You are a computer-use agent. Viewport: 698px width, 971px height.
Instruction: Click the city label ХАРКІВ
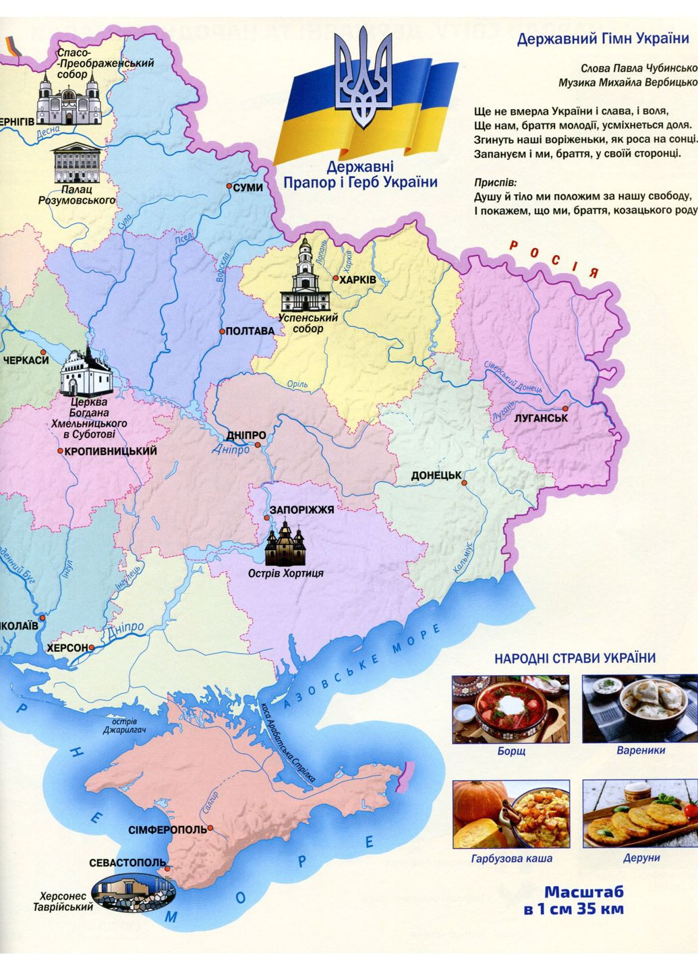(358, 279)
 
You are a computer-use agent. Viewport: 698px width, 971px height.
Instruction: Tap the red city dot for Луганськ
(566, 408)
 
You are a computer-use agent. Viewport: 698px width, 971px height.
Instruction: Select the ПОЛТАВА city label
(250, 331)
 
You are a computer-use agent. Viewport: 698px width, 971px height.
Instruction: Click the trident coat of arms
(363, 77)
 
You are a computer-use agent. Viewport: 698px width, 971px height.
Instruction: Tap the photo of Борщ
(511, 709)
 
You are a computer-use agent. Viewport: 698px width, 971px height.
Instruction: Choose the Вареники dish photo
(639, 709)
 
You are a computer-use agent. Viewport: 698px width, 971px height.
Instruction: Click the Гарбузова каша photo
(511, 814)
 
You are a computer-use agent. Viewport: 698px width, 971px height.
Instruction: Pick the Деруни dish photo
(639, 814)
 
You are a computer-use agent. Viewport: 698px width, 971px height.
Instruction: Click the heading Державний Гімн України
(603, 38)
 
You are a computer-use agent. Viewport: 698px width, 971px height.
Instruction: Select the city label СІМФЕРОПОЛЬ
(168, 829)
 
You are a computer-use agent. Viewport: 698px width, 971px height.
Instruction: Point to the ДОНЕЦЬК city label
(436, 475)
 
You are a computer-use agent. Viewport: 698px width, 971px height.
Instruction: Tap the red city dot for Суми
(229, 185)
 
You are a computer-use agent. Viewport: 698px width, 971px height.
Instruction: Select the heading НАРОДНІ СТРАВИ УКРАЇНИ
(575, 658)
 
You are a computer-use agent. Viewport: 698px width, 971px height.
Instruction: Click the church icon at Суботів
(86, 372)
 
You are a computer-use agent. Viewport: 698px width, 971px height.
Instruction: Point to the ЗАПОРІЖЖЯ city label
(301, 510)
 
